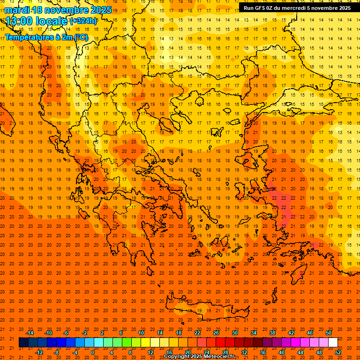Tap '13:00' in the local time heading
coord(19,21)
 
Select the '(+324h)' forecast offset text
coord(83,21)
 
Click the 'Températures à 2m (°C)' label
coord(46,37)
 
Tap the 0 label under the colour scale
coord(93,352)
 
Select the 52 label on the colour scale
coord(338,352)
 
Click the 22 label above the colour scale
coord(197,333)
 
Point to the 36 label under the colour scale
coord(263,352)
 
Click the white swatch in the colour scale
coord(333,343)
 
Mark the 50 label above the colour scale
coord(329,333)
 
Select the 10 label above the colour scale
coord(141,333)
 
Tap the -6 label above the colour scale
coord(66,333)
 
